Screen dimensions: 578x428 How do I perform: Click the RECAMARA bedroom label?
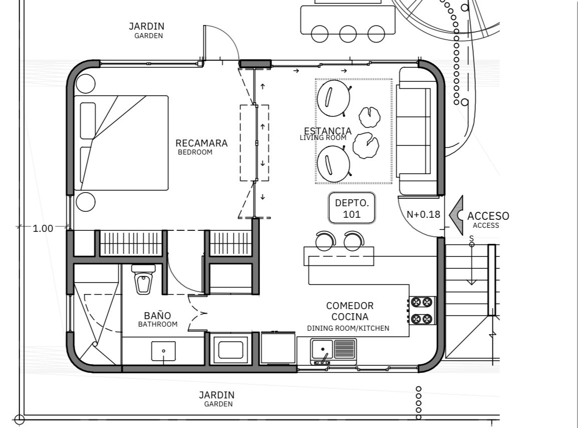point(201,147)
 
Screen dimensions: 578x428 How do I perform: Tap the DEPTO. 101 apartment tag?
point(352,208)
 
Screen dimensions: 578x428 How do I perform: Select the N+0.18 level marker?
point(423,214)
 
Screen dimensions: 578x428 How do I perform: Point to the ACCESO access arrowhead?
point(456,215)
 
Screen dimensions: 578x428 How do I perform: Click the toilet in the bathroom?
point(143,279)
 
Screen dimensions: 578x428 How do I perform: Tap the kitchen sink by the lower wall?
point(333,352)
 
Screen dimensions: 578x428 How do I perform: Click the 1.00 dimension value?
point(43,228)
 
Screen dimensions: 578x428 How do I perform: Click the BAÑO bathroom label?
point(157,320)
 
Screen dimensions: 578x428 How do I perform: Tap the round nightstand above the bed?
point(86,83)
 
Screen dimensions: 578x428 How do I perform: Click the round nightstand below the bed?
point(86,202)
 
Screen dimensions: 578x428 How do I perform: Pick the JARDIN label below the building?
point(217,399)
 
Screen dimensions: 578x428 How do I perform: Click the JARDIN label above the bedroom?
point(147,30)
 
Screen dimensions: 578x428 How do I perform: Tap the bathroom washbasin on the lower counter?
point(163,351)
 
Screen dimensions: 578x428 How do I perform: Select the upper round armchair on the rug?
point(334,98)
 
